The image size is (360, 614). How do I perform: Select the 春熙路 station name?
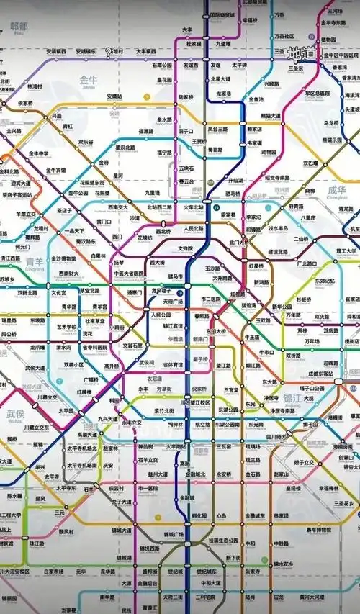coord(202,315)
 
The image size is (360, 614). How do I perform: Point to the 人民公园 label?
coord(161,315)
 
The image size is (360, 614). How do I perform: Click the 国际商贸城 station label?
coord(220,14)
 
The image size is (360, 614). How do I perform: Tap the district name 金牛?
coord(89,81)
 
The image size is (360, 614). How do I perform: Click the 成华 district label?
coord(336,191)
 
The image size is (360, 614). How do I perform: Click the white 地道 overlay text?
coord(302,53)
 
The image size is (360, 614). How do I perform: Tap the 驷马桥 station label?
coord(232,193)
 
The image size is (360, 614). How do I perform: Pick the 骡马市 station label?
coord(175,276)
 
